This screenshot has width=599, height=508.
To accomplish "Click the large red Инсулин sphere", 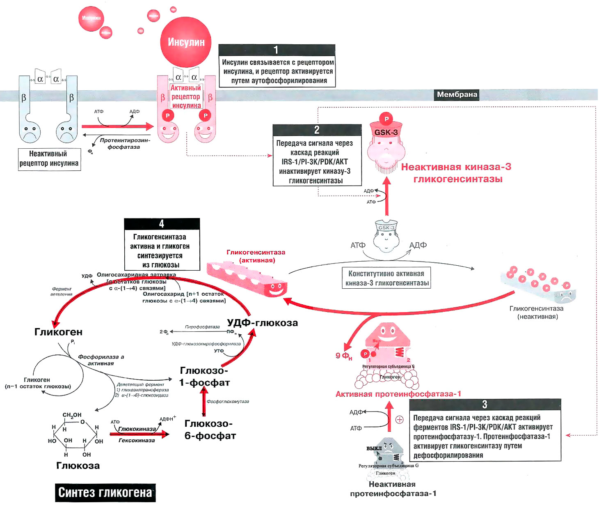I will click(186, 42).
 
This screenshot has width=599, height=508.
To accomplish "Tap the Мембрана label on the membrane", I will click(457, 94).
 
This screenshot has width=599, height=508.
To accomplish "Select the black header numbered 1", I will click(277, 50).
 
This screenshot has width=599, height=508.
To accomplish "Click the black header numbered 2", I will click(317, 130).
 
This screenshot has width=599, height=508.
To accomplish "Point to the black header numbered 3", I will click(485, 405).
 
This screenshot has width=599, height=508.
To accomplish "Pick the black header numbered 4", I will click(162, 224).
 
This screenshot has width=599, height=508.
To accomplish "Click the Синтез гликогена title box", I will click(105, 492).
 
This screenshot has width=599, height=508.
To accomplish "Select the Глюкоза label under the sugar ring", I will click(78, 466).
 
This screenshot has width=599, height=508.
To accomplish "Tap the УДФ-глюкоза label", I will click(263, 323).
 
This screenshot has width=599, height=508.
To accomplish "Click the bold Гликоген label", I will click(58, 332).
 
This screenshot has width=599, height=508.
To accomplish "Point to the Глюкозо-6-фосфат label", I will click(210, 430).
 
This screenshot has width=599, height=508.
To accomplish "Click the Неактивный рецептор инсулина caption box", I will click(49, 159).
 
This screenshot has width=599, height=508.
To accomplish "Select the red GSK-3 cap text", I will click(386, 132).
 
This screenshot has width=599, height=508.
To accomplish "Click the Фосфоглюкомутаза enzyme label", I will click(228, 402).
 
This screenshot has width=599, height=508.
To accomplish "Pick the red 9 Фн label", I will click(344, 356).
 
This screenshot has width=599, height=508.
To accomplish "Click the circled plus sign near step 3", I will click(399, 420).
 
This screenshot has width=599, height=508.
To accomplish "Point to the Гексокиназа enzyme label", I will click(137, 440).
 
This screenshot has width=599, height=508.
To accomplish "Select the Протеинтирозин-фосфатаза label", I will click(125, 143).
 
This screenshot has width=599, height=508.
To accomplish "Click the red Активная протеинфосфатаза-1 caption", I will click(398, 394).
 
